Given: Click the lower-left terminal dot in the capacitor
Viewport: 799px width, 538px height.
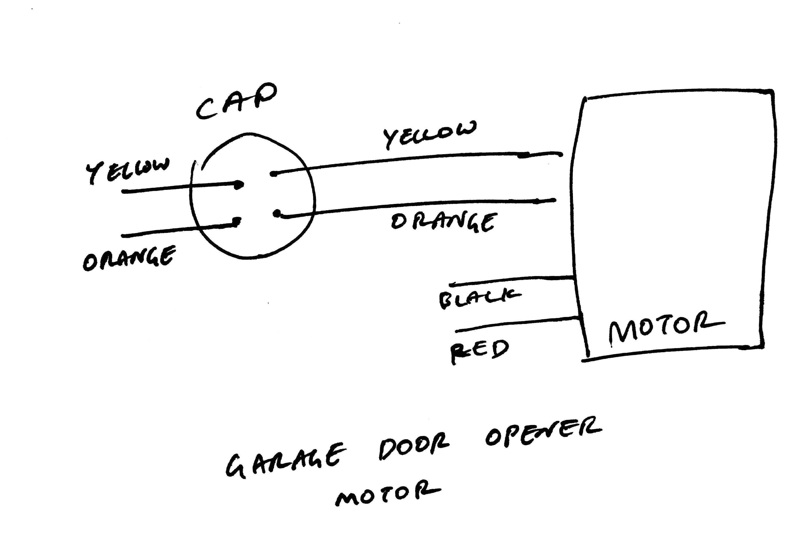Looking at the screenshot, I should (x=236, y=221).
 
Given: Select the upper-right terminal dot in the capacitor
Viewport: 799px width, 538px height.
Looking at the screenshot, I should (x=273, y=174).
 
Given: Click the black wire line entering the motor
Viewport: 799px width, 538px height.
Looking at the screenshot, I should (x=515, y=280).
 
